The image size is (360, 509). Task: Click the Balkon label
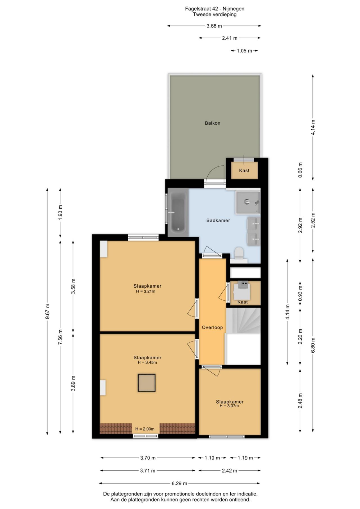tap(212, 123)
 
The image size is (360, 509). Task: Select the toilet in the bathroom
tap(239, 253)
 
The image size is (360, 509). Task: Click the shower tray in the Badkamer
tap(248, 202)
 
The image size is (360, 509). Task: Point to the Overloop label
tap(212, 327)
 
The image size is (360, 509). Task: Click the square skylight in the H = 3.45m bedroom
tap(147, 383)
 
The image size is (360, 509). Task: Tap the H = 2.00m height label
tap(145, 429)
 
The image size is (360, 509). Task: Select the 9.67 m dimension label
tap(47, 311)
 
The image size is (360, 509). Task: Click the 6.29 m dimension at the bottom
tap(179, 483)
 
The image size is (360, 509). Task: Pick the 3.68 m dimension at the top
tap(214, 26)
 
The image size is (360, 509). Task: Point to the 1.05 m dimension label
tap(244, 51)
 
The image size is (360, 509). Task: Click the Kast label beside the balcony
tap(244, 170)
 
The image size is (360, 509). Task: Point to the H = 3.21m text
tap(146, 291)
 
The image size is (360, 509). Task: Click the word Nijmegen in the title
tap(235, 9)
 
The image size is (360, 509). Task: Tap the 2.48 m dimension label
tap(300, 401)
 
